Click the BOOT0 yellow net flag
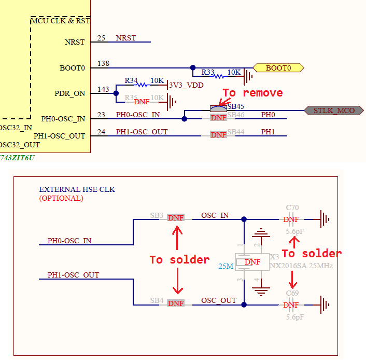(278, 68)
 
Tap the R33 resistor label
(208, 72)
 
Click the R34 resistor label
(131, 81)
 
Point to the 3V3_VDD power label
(186, 85)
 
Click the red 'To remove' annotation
(252, 93)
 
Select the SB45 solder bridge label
(235, 106)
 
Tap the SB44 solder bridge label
(235, 132)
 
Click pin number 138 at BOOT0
(103, 63)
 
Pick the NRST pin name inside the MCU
(75, 42)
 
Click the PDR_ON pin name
(69, 94)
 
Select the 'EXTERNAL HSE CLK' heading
(77, 190)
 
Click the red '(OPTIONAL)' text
(61, 198)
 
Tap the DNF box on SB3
(176, 218)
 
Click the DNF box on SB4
(176, 303)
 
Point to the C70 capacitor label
(292, 208)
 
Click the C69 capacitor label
(292, 294)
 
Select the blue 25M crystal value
(226, 266)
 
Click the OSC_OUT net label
(219, 300)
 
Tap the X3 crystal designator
(275, 257)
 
